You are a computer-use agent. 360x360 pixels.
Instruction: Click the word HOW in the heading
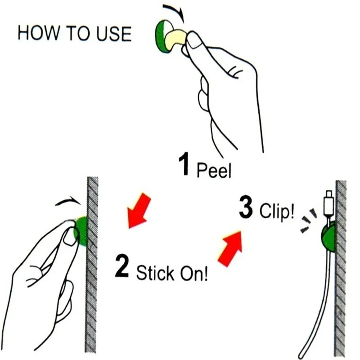(38, 33)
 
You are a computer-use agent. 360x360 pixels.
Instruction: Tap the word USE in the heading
(114, 33)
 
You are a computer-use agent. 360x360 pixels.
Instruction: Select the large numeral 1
(184, 163)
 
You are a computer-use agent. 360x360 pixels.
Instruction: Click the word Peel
(214, 170)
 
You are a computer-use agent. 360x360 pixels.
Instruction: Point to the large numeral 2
(122, 265)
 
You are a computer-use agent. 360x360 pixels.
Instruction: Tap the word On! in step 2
(194, 273)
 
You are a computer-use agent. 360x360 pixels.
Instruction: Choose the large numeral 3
(246, 207)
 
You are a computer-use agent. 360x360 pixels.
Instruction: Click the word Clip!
(277, 210)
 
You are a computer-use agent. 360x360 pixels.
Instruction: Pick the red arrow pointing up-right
(230, 249)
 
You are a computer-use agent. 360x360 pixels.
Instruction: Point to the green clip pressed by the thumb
(81, 231)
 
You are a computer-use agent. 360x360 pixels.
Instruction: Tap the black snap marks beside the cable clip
(309, 220)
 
